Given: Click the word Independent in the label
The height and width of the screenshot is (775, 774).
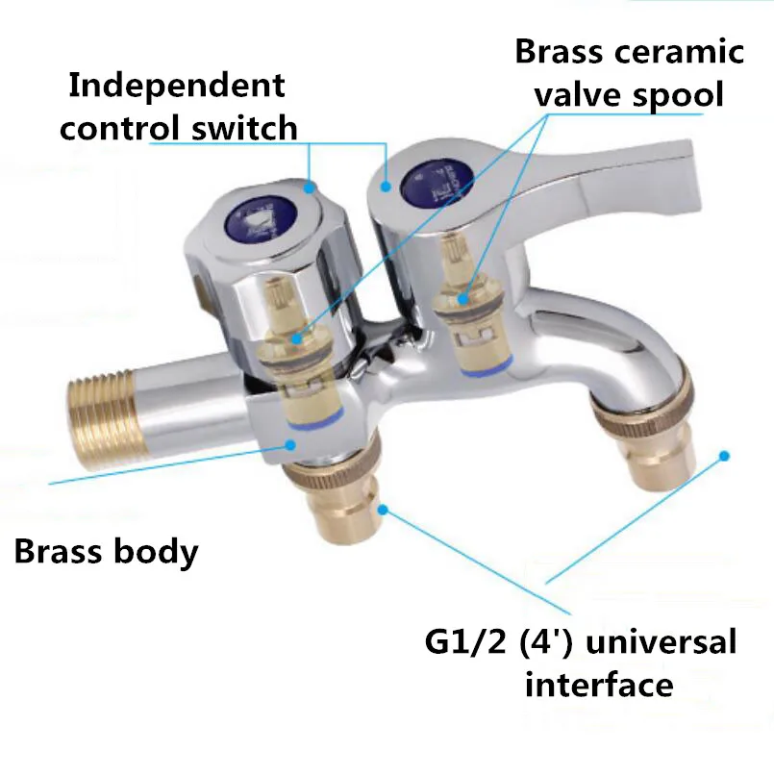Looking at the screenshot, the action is coord(177,85).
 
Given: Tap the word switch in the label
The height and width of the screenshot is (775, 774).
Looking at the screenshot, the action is coord(249,127).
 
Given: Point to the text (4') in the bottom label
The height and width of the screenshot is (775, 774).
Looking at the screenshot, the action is coord(557,641).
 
